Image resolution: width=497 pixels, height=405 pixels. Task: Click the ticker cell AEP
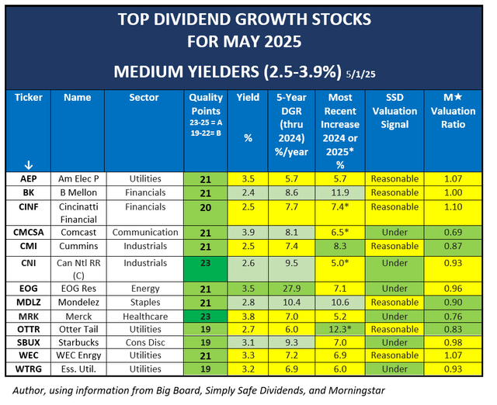[x=28, y=178]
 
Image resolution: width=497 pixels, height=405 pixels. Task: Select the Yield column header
[x=248, y=99]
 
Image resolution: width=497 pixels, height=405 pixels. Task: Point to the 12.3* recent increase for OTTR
[x=340, y=330]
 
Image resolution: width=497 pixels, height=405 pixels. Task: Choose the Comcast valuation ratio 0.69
[x=457, y=232]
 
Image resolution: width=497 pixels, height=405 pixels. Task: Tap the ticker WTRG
[x=28, y=368]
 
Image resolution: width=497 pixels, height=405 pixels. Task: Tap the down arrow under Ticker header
[x=28, y=164]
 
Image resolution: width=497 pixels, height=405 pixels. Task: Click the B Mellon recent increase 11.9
[x=340, y=191]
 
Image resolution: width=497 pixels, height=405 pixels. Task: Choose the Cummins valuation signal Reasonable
[x=395, y=245]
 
